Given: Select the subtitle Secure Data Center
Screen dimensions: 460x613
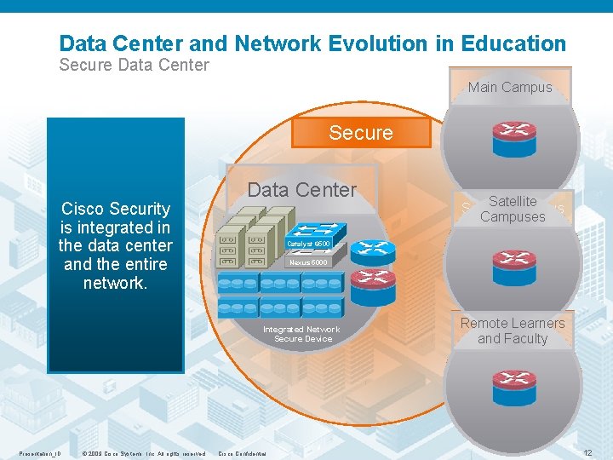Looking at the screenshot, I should (134, 65).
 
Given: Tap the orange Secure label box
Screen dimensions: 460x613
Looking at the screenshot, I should (361, 133).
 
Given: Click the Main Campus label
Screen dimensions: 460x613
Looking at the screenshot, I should (510, 87).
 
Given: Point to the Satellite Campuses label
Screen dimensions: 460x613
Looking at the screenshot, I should (513, 209).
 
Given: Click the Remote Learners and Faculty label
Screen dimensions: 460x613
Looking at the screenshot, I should (513, 331).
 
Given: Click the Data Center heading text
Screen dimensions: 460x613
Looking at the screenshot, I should (302, 190).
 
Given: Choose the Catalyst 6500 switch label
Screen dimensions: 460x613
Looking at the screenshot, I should (307, 244).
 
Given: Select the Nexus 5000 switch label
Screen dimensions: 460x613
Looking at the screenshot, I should (306, 262).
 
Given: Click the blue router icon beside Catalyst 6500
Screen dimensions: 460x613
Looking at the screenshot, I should (373, 250).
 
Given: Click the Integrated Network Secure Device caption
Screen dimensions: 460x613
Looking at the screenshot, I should (301, 334).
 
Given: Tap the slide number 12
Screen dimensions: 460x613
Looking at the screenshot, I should (587, 452).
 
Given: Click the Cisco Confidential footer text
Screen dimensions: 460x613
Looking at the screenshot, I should (243, 453).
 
